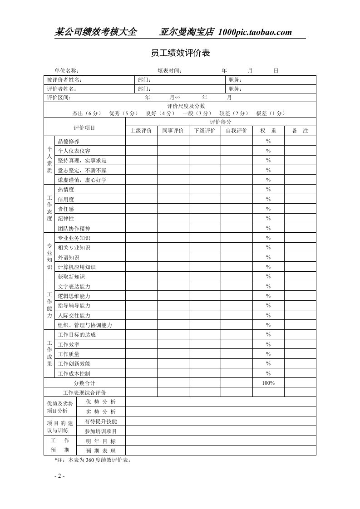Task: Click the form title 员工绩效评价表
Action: click(x=180, y=54)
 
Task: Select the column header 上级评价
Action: click(x=141, y=131)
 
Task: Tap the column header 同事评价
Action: click(x=173, y=131)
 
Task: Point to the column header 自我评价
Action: click(x=237, y=131)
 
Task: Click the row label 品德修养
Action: click(x=69, y=141)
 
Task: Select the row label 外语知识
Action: click(x=69, y=257)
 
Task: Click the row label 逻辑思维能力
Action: click(x=74, y=296)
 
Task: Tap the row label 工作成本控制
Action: click(x=74, y=373)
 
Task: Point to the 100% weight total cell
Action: click(x=268, y=383)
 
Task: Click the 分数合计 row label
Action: click(x=84, y=383)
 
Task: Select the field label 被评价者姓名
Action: click(x=64, y=80)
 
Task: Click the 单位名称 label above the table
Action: click(x=67, y=71)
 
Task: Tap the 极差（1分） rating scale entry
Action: click(x=270, y=113)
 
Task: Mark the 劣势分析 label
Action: click(x=101, y=412)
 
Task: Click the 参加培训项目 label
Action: click(x=101, y=431)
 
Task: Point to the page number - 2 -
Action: click(x=59, y=476)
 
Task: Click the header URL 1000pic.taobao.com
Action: click(x=255, y=32)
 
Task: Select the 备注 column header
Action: click(x=300, y=131)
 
